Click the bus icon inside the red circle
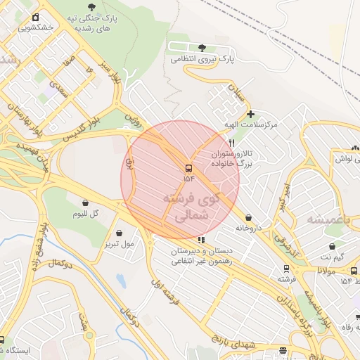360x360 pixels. tap(188, 168)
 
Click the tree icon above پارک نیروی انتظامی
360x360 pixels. tap(202, 48)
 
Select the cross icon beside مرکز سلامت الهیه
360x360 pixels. tap(250, 114)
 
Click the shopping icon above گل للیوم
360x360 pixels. tap(86, 203)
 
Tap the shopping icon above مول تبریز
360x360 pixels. tap(119, 233)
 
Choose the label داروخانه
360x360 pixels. tap(250, 228)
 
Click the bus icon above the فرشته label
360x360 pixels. tap(286, 269)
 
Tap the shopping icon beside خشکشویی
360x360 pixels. tap(35, 18)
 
